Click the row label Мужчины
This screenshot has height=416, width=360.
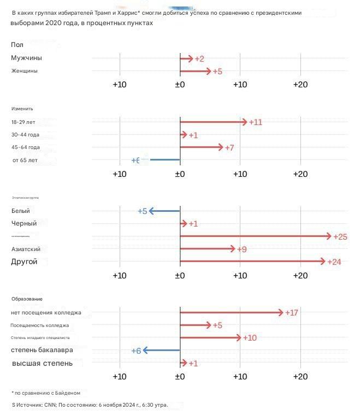pos(26,58)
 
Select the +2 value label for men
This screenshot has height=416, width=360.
pos(199,59)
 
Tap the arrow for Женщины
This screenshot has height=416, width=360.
pos(195,71)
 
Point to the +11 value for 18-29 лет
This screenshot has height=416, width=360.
pos(256,122)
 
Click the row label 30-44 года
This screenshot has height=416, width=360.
pos(25,134)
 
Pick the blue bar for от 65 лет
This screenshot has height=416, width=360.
pos(164,159)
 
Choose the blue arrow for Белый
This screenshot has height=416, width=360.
pos(164,211)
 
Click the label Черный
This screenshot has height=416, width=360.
pos(24,223)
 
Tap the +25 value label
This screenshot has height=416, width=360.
pos(340,236)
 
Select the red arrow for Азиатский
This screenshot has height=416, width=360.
pos(208,249)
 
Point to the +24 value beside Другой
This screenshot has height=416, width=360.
pos(334,262)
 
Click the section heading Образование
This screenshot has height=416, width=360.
pos(27,299)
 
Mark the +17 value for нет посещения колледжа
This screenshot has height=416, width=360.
pos(292,313)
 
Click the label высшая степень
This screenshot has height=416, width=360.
pos(42,363)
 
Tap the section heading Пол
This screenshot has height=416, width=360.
pos(17,44)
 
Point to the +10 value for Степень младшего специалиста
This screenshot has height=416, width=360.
pos(250,338)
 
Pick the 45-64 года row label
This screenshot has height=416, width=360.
pos(26,147)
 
